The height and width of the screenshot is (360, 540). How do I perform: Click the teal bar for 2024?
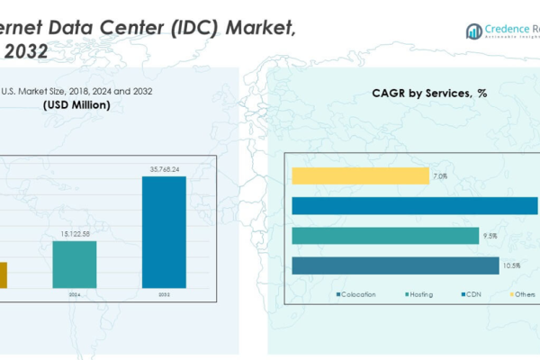(x=74, y=265)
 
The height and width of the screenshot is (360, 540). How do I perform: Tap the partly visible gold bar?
(x=4, y=274)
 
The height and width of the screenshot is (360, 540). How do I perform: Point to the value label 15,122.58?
(x=74, y=234)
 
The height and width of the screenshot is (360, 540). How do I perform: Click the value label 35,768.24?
(x=164, y=168)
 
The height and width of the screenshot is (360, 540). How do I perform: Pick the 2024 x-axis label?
(x=74, y=294)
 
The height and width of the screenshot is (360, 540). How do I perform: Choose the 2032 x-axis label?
(x=164, y=294)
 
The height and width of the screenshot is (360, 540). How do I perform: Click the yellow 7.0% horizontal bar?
(x=360, y=175)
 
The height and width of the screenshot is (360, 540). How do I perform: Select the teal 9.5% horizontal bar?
(x=385, y=236)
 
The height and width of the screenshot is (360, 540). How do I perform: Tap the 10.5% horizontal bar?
(x=395, y=265)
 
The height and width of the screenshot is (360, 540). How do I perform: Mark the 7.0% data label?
(x=440, y=176)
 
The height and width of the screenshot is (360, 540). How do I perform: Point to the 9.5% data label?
(x=490, y=236)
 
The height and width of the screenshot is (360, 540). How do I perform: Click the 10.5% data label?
(x=511, y=265)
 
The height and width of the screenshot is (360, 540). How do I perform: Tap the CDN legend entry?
(x=472, y=294)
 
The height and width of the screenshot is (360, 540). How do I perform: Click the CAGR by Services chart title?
(x=429, y=94)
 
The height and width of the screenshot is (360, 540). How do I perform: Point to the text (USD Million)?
(x=76, y=105)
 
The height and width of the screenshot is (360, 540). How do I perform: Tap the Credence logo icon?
(x=473, y=31)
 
